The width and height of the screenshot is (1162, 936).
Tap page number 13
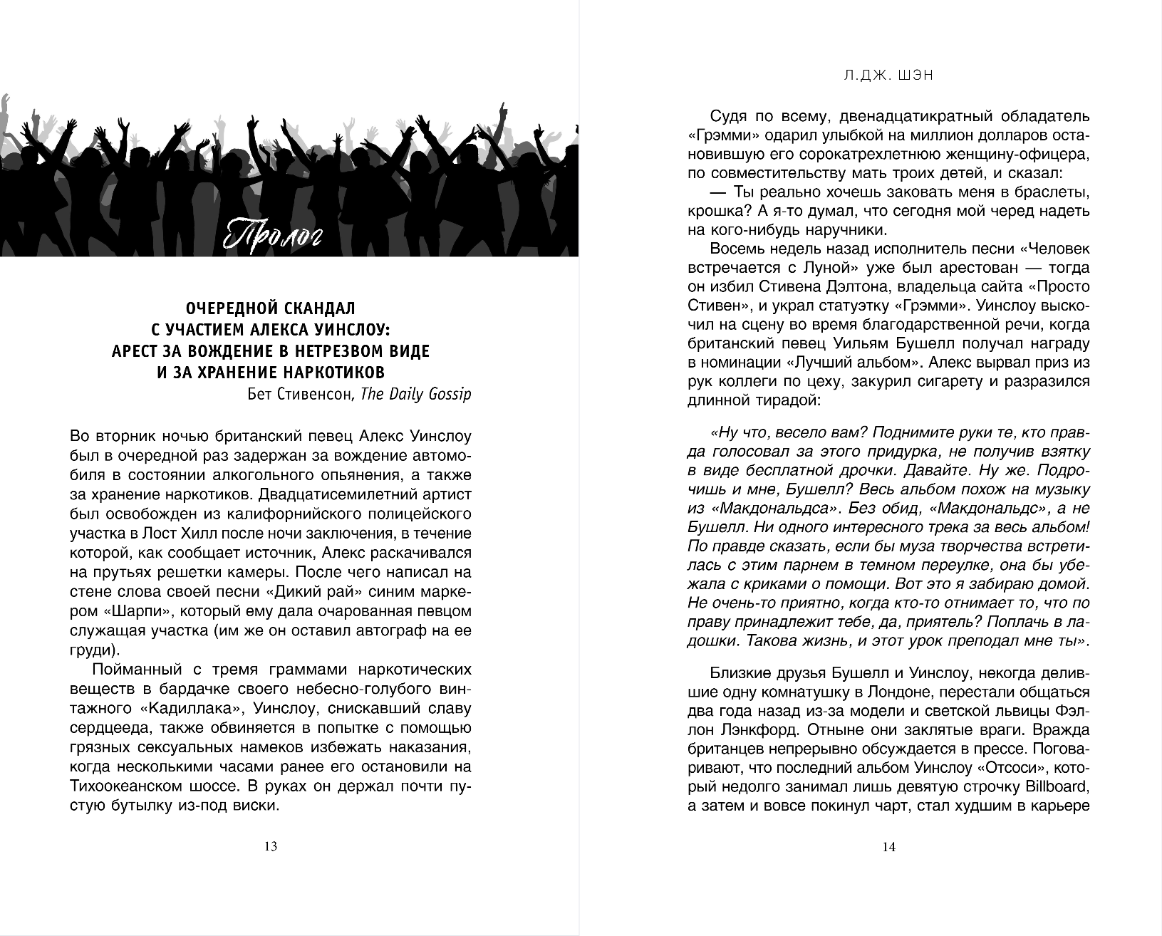coord(270,847)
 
